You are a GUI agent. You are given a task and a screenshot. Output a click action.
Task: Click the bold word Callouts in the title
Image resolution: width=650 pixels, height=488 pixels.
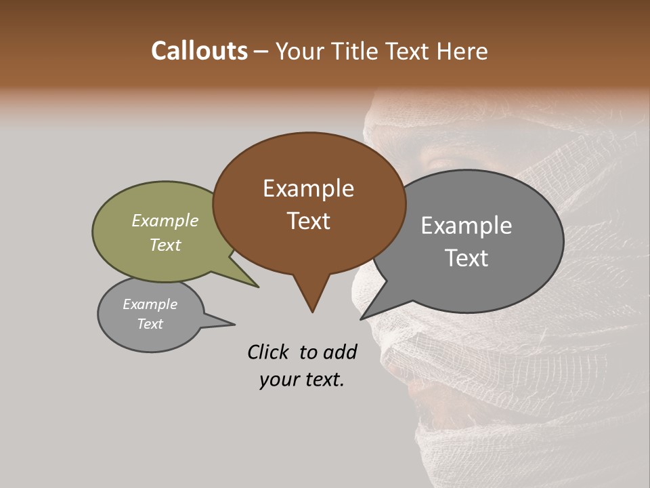(x=199, y=51)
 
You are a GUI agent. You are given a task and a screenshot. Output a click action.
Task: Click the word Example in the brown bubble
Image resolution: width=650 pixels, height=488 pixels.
(x=308, y=188)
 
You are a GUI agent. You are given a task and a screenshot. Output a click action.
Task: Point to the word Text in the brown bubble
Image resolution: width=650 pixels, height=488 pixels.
(x=308, y=221)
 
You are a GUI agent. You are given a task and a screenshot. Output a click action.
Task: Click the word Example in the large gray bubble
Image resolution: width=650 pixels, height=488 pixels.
(x=467, y=226)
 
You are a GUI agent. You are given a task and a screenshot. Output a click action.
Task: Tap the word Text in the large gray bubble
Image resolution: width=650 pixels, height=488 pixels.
(x=467, y=258)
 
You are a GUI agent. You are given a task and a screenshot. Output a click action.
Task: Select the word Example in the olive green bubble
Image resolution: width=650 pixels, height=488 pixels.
(x=165, y=220)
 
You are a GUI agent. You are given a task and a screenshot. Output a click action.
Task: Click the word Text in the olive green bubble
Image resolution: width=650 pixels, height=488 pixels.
(x=165, y=245)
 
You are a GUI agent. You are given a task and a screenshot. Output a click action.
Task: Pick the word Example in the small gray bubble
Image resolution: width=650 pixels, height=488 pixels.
(x=150, y=304)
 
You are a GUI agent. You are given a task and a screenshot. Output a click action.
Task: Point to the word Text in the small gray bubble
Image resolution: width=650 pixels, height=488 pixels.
(x=150, y=324)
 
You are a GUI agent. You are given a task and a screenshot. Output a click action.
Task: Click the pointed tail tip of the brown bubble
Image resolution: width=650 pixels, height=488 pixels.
(x=312, y=312)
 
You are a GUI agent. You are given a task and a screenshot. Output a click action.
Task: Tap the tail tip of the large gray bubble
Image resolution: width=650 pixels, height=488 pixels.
(x=361, y=319)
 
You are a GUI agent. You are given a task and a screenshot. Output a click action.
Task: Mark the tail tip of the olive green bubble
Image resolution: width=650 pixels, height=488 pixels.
(x=258, y=287)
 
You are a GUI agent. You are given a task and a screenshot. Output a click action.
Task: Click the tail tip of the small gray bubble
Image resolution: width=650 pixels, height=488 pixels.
(x=234, y=324)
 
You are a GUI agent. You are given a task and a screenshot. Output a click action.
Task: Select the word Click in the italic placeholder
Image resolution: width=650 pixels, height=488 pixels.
(x=269, y=352)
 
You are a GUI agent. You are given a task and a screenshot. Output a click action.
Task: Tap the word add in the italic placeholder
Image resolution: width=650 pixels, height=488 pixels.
(x=339, y=352)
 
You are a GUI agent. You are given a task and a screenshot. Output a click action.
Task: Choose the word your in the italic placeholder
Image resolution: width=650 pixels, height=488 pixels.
(x=278, y=380)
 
